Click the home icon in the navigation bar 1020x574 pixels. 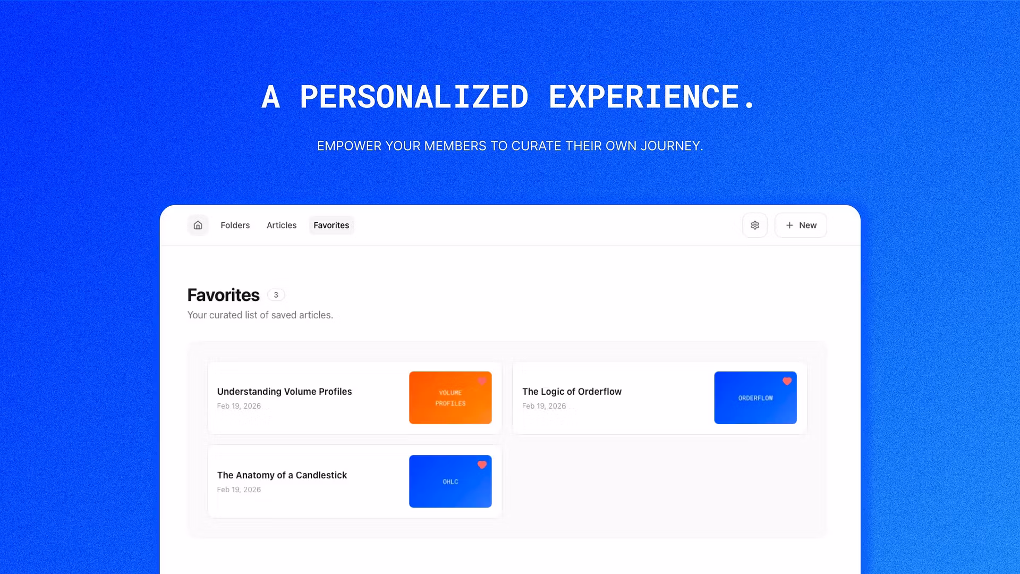coord(198,225)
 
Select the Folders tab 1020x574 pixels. coord(235,225)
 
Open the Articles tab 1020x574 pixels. coord(282,225)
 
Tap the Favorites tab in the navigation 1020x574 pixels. coord(331,225)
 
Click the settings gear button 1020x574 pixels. coord(755,225)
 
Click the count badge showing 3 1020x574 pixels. coord(276,295)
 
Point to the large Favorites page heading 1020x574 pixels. coord(224,295)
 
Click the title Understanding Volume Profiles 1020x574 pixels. coord(284,392)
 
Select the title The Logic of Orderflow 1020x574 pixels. coord(572,392)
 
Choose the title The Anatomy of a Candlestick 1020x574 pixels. coord(282,475)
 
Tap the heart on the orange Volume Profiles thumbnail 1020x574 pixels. coord(482,382)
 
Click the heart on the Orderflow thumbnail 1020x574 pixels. coord(787,382)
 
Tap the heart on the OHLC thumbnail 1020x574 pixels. coord(482,465)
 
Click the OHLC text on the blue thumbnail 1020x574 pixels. coord(450,482)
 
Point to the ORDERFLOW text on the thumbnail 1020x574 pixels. coord(755,398)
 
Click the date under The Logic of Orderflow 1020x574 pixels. coord(544,406)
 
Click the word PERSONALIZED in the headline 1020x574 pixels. coord(414,97)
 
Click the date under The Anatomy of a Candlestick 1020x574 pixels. coord(239,489)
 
